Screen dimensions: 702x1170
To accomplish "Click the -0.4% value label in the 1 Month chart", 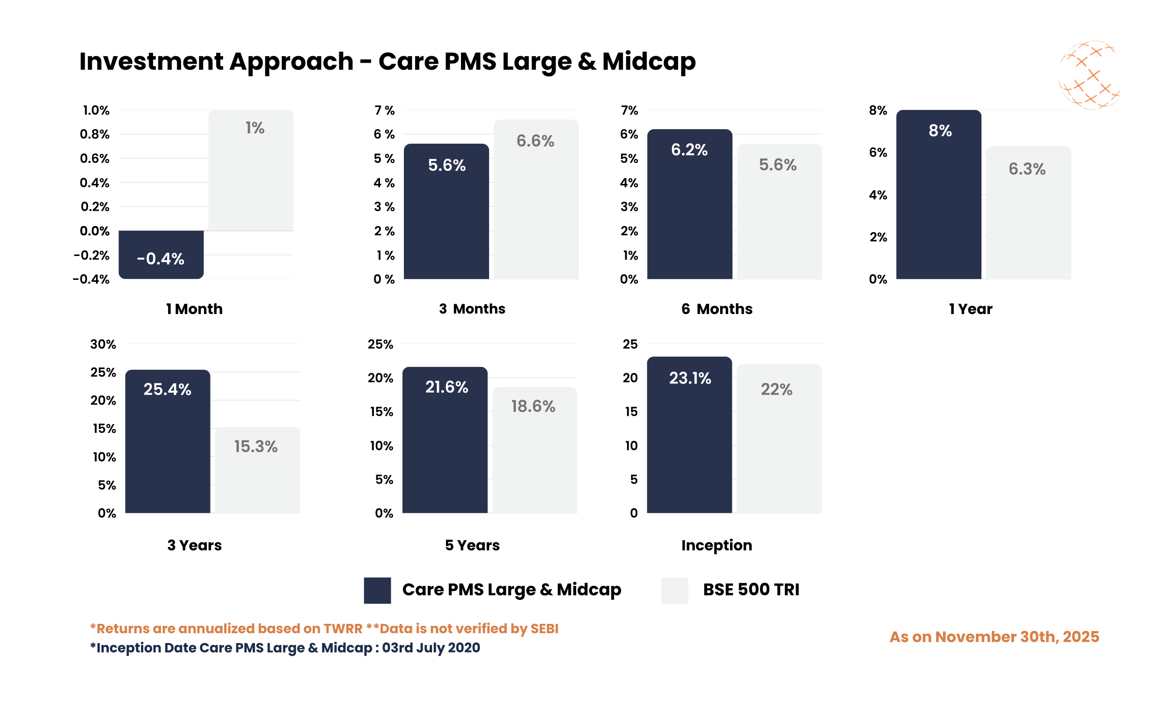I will coord(161,259).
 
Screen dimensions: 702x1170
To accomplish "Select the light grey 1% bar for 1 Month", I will coord(251,180).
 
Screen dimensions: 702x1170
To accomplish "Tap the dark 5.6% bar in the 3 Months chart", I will coord(446,222).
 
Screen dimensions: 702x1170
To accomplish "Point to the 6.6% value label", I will coord(535,141).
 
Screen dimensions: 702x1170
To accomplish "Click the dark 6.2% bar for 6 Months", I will coord(689,218).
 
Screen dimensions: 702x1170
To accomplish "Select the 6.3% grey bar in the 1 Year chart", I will coord(1028,222).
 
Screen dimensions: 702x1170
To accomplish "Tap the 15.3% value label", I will coord(256,446).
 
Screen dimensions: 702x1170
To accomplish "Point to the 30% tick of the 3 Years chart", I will coord(103,344).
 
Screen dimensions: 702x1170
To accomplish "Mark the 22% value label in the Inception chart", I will coord(776,390).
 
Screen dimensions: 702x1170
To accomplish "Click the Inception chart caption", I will coord(716,545).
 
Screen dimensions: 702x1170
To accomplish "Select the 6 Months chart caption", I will coord(716,309).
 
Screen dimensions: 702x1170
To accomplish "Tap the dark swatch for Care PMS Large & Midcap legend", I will coord(377,590).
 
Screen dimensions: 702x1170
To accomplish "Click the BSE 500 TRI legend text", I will coord(751,590).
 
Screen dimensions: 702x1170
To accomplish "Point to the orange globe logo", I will coord(1089,76).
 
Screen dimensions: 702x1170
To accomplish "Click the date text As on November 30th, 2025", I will coord(994,637).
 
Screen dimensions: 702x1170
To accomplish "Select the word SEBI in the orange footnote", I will coord(544,629).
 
